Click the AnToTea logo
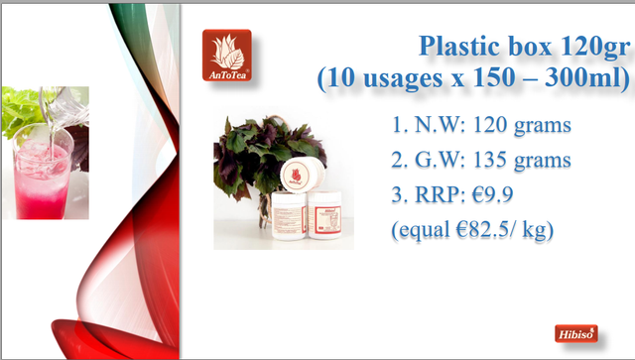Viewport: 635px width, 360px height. pos(227,56)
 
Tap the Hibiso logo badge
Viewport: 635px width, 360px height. pos(576,333)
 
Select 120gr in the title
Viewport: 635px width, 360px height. pos(595,47)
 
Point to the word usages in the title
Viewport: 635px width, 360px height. pos(403,78)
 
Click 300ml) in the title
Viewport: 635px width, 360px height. pos(587,77)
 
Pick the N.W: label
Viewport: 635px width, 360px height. pos(441,125)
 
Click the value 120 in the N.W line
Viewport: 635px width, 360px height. pos(489,125)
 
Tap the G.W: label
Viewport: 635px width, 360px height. pos(441,160)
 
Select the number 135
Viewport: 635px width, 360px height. pos(489,160)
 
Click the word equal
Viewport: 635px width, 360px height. pos(424,231)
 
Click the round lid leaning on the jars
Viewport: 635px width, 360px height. pos(302,175)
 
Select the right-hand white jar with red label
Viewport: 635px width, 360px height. pos(324,214)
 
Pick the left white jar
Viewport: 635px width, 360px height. pos(289,215)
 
